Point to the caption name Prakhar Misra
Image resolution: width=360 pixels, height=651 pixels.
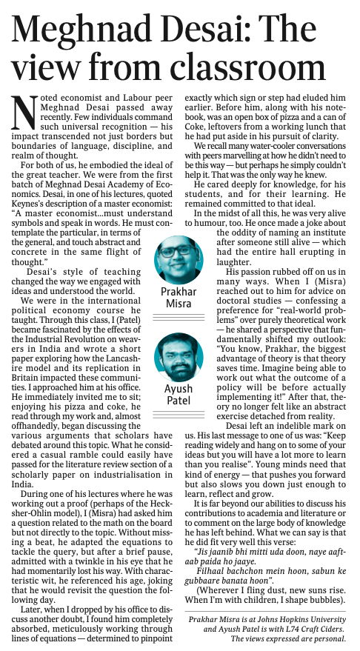point(179,298)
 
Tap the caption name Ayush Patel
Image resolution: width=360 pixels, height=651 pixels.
point(179,395)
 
